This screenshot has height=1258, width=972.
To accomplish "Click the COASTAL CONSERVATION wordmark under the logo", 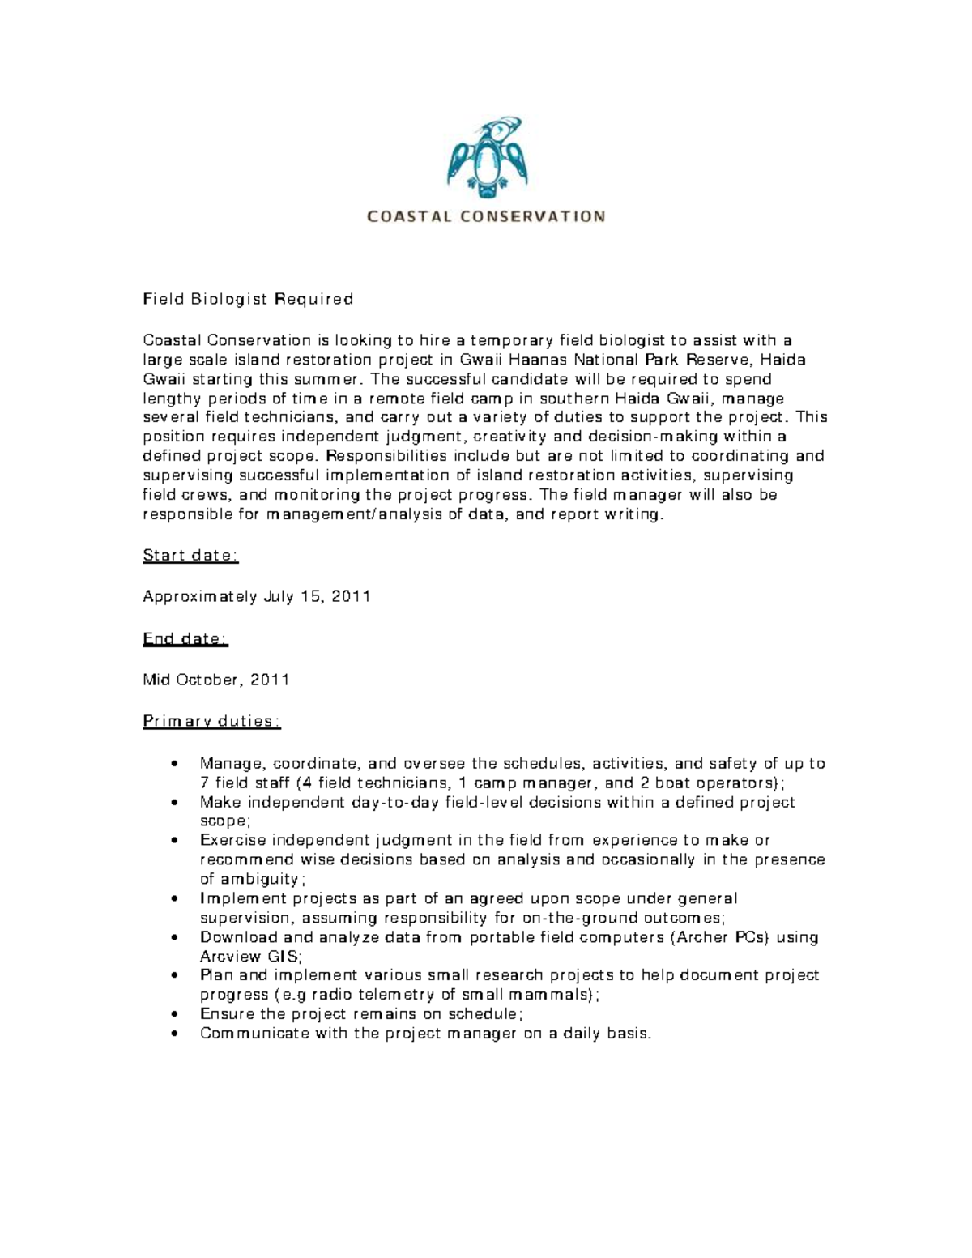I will (486, 216).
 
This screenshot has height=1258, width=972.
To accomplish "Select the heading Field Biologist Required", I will (248, 299).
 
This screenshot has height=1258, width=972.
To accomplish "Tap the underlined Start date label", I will (190, 556).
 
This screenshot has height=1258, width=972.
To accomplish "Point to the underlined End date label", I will (185, 639).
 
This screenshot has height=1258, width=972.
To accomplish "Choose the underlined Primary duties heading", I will (211, 722).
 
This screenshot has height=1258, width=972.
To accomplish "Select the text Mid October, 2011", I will (216, 680).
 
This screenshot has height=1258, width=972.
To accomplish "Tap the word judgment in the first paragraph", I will (420, 437).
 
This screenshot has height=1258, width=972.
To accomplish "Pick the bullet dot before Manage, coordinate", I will (177, 764).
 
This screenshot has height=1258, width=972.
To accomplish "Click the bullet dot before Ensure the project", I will (177, 1014).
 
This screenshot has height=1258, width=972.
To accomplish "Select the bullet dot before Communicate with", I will (177, 1034).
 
